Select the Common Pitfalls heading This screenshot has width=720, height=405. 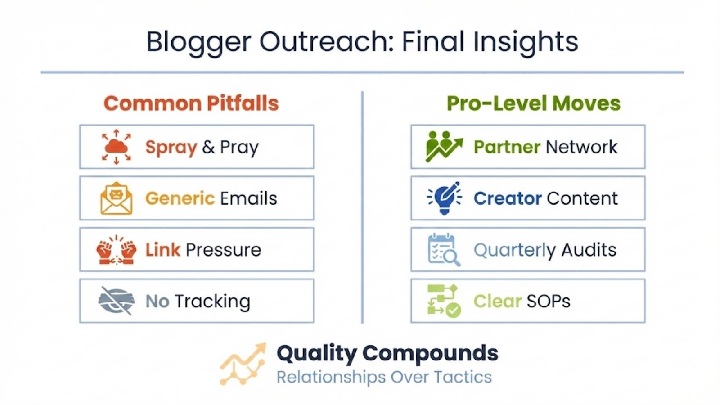coord(191,103)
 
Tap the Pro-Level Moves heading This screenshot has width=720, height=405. coord(534,103)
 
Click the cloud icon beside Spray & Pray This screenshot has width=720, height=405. coord(117,147)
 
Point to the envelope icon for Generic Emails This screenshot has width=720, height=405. coord(117,198)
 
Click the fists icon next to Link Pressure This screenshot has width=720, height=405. coord(117,250)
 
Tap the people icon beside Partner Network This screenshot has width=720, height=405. coord(444,147)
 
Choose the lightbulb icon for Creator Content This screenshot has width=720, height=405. coord(444,198)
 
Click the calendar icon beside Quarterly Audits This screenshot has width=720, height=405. coord(444,250)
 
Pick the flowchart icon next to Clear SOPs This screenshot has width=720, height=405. coord(444,301)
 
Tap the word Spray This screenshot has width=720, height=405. coord(171,148)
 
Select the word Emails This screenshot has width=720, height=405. coord(248,198)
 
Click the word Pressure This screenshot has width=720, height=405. coord(223,250)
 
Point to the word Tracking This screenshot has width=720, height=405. coord(212,302)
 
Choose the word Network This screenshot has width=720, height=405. coord(581,147)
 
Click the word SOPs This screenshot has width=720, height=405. coord(549,301)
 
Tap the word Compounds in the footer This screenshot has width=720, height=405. coord(430,354)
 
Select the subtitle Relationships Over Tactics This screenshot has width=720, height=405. coord(384,377)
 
